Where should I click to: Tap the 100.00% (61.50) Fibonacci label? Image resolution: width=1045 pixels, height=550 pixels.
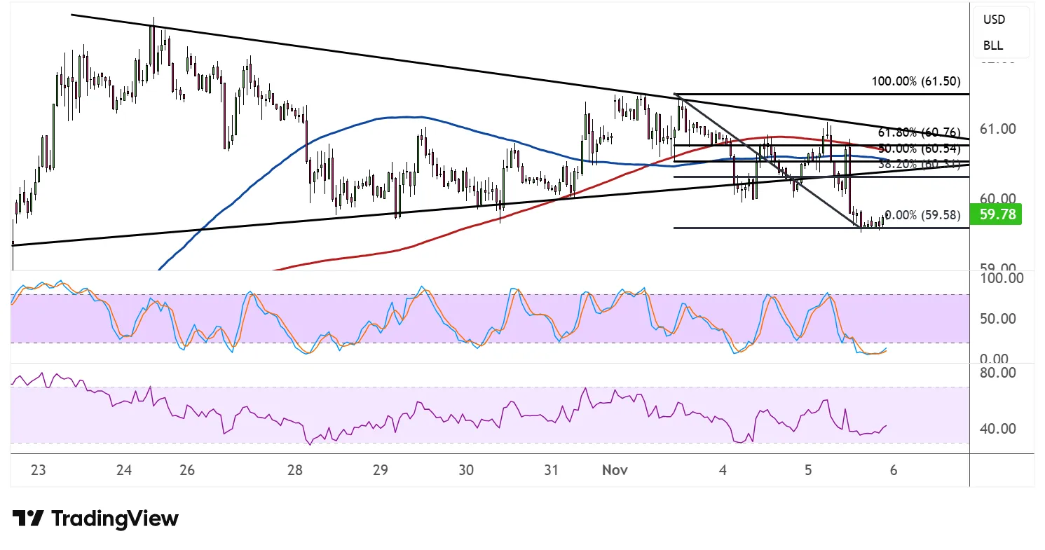915,81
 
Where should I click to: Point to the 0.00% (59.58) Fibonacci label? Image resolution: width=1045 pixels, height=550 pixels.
922,215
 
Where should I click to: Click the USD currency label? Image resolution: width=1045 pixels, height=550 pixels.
994,20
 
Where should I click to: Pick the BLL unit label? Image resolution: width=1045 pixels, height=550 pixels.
993,46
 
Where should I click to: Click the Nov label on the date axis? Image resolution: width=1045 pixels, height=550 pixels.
614,471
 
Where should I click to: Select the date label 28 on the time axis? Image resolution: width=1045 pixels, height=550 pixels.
294,471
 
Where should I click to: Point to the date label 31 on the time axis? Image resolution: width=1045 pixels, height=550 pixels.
552,471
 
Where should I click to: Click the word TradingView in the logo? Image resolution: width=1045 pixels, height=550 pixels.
115,519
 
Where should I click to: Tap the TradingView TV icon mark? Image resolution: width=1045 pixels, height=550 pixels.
28,519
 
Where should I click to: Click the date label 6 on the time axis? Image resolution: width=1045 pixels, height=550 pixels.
894,471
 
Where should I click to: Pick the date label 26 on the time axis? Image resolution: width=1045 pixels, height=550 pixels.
186,471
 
